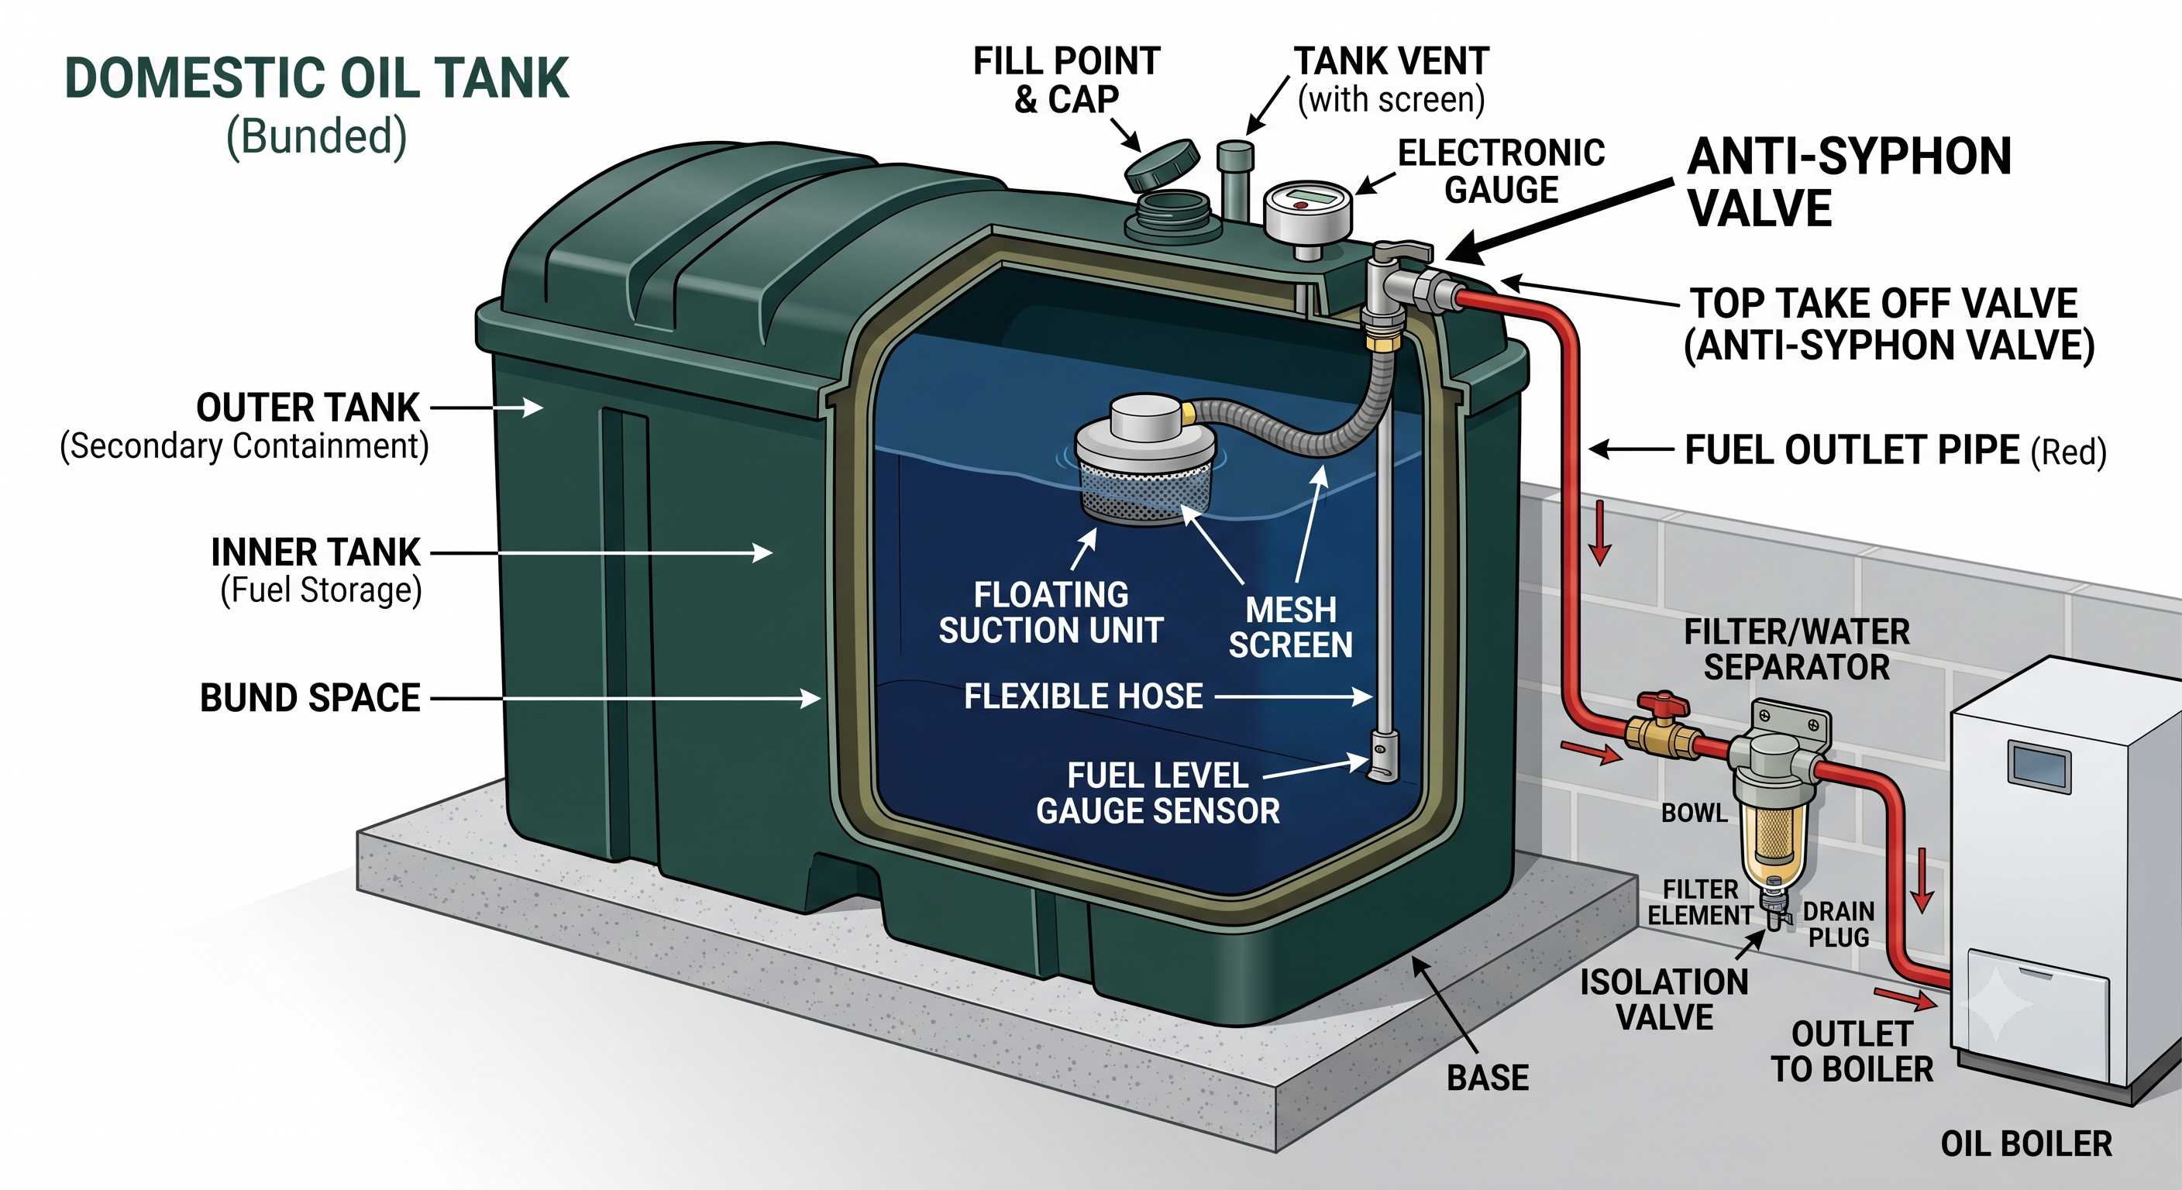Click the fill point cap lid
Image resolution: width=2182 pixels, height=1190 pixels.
[1162, 166]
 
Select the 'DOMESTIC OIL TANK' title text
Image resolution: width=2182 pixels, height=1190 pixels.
[317, 79]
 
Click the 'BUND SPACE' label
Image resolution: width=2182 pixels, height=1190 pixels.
[310, 699]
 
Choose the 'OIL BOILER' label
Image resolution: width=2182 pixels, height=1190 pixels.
[2026, 1144]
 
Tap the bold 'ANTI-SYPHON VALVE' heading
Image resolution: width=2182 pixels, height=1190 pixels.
[1849, 182]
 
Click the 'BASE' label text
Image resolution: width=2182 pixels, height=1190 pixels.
[1488, 1078]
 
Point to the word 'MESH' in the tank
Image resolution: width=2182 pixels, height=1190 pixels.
[1291, 610]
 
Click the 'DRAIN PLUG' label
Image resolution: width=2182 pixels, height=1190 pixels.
[1838, 924]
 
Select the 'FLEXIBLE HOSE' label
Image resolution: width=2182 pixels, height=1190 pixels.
[1083, 697]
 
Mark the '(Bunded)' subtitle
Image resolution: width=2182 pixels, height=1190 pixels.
[317, 136]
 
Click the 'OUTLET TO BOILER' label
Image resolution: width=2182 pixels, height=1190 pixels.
[1853, 1052]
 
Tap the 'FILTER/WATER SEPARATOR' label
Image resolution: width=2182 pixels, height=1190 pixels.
[1797, 650]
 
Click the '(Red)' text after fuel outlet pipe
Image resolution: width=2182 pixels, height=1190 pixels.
[2069, 452]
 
